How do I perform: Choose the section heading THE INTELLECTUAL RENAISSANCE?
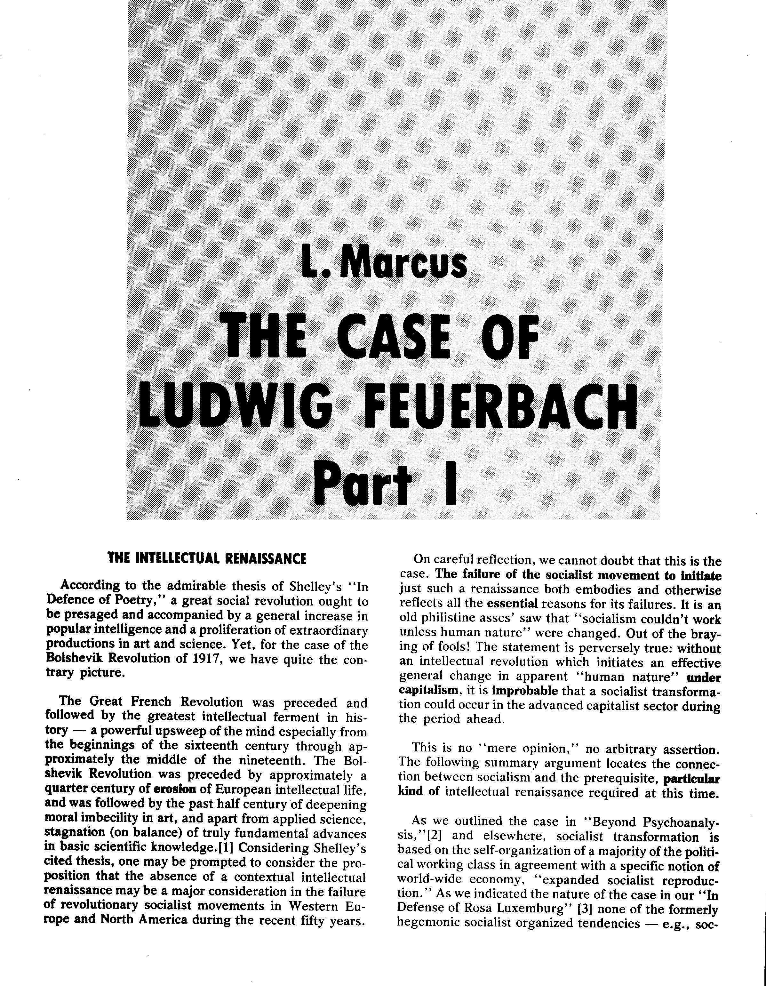tap(207, 558)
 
